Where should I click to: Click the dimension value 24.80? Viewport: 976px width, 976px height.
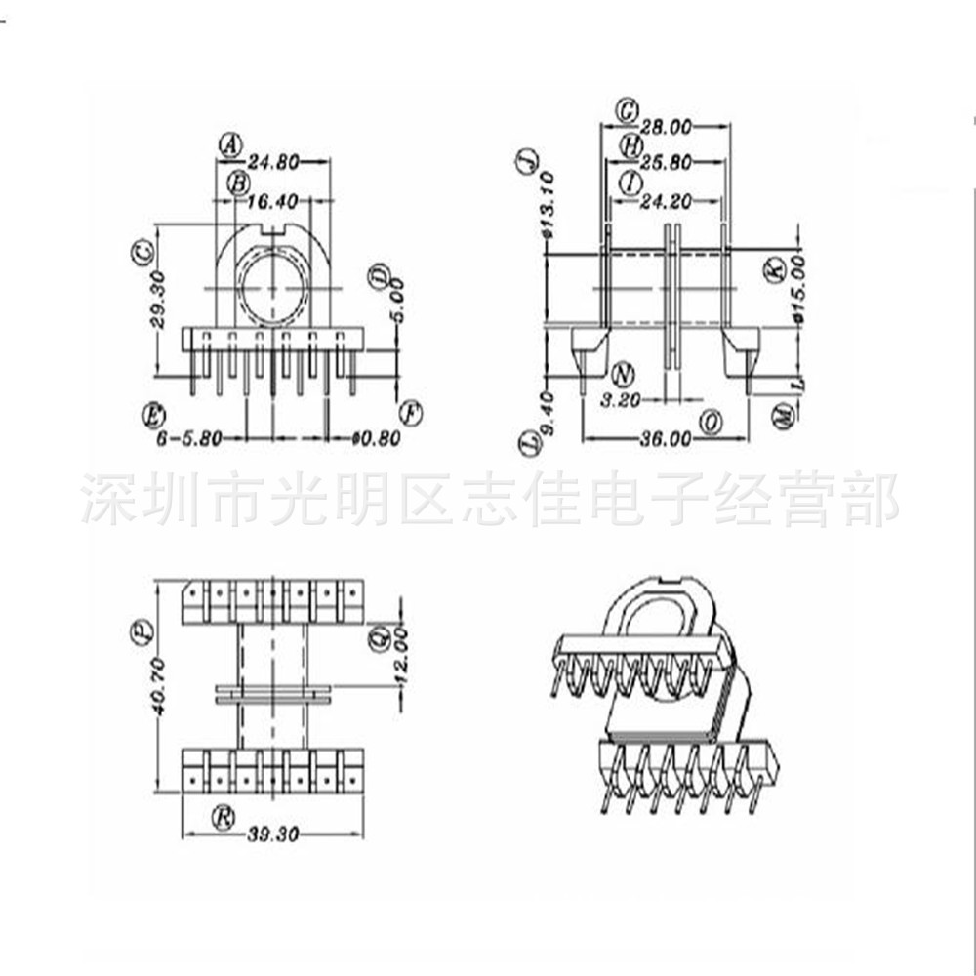(272, 163)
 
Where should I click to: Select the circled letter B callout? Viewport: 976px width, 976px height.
(238, 183)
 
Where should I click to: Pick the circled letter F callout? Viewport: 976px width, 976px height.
(412, 414)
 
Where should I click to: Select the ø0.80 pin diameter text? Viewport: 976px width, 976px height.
(376, 439)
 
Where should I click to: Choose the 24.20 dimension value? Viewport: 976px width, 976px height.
(667, 203)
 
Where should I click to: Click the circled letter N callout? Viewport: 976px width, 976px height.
(624, 375)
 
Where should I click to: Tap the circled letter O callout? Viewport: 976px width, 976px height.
(712, 422)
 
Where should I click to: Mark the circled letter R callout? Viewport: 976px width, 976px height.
(224, 817)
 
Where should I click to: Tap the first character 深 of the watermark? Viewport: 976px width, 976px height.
(103, 499)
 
